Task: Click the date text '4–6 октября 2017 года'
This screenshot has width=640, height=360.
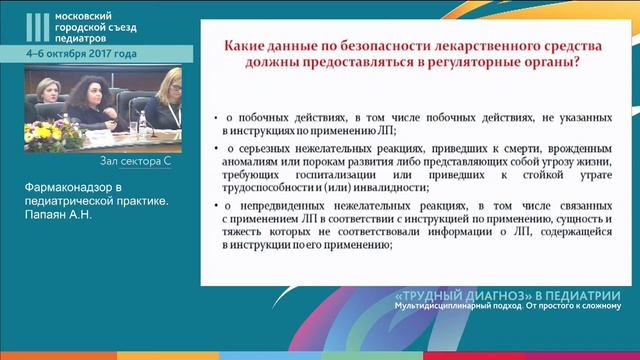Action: pos(82,53)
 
